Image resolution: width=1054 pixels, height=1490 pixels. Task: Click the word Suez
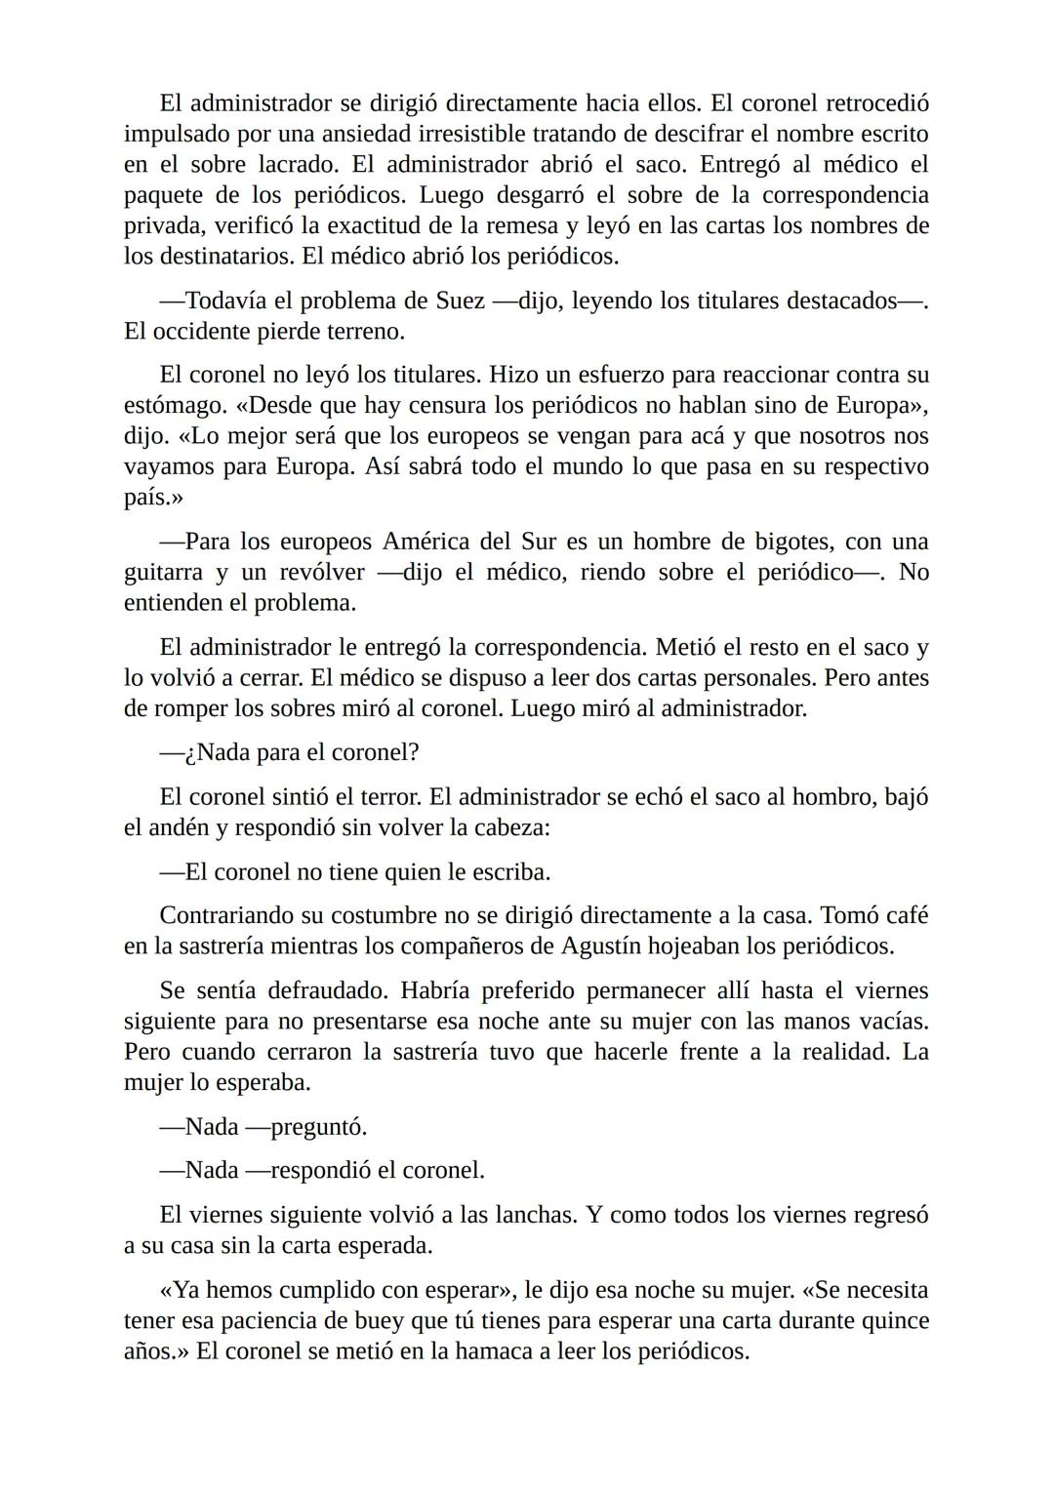click(x=460, y=301)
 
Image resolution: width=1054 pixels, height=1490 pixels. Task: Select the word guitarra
click(x=163, y=572)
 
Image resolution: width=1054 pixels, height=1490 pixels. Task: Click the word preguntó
click(x=318, y=1128)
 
